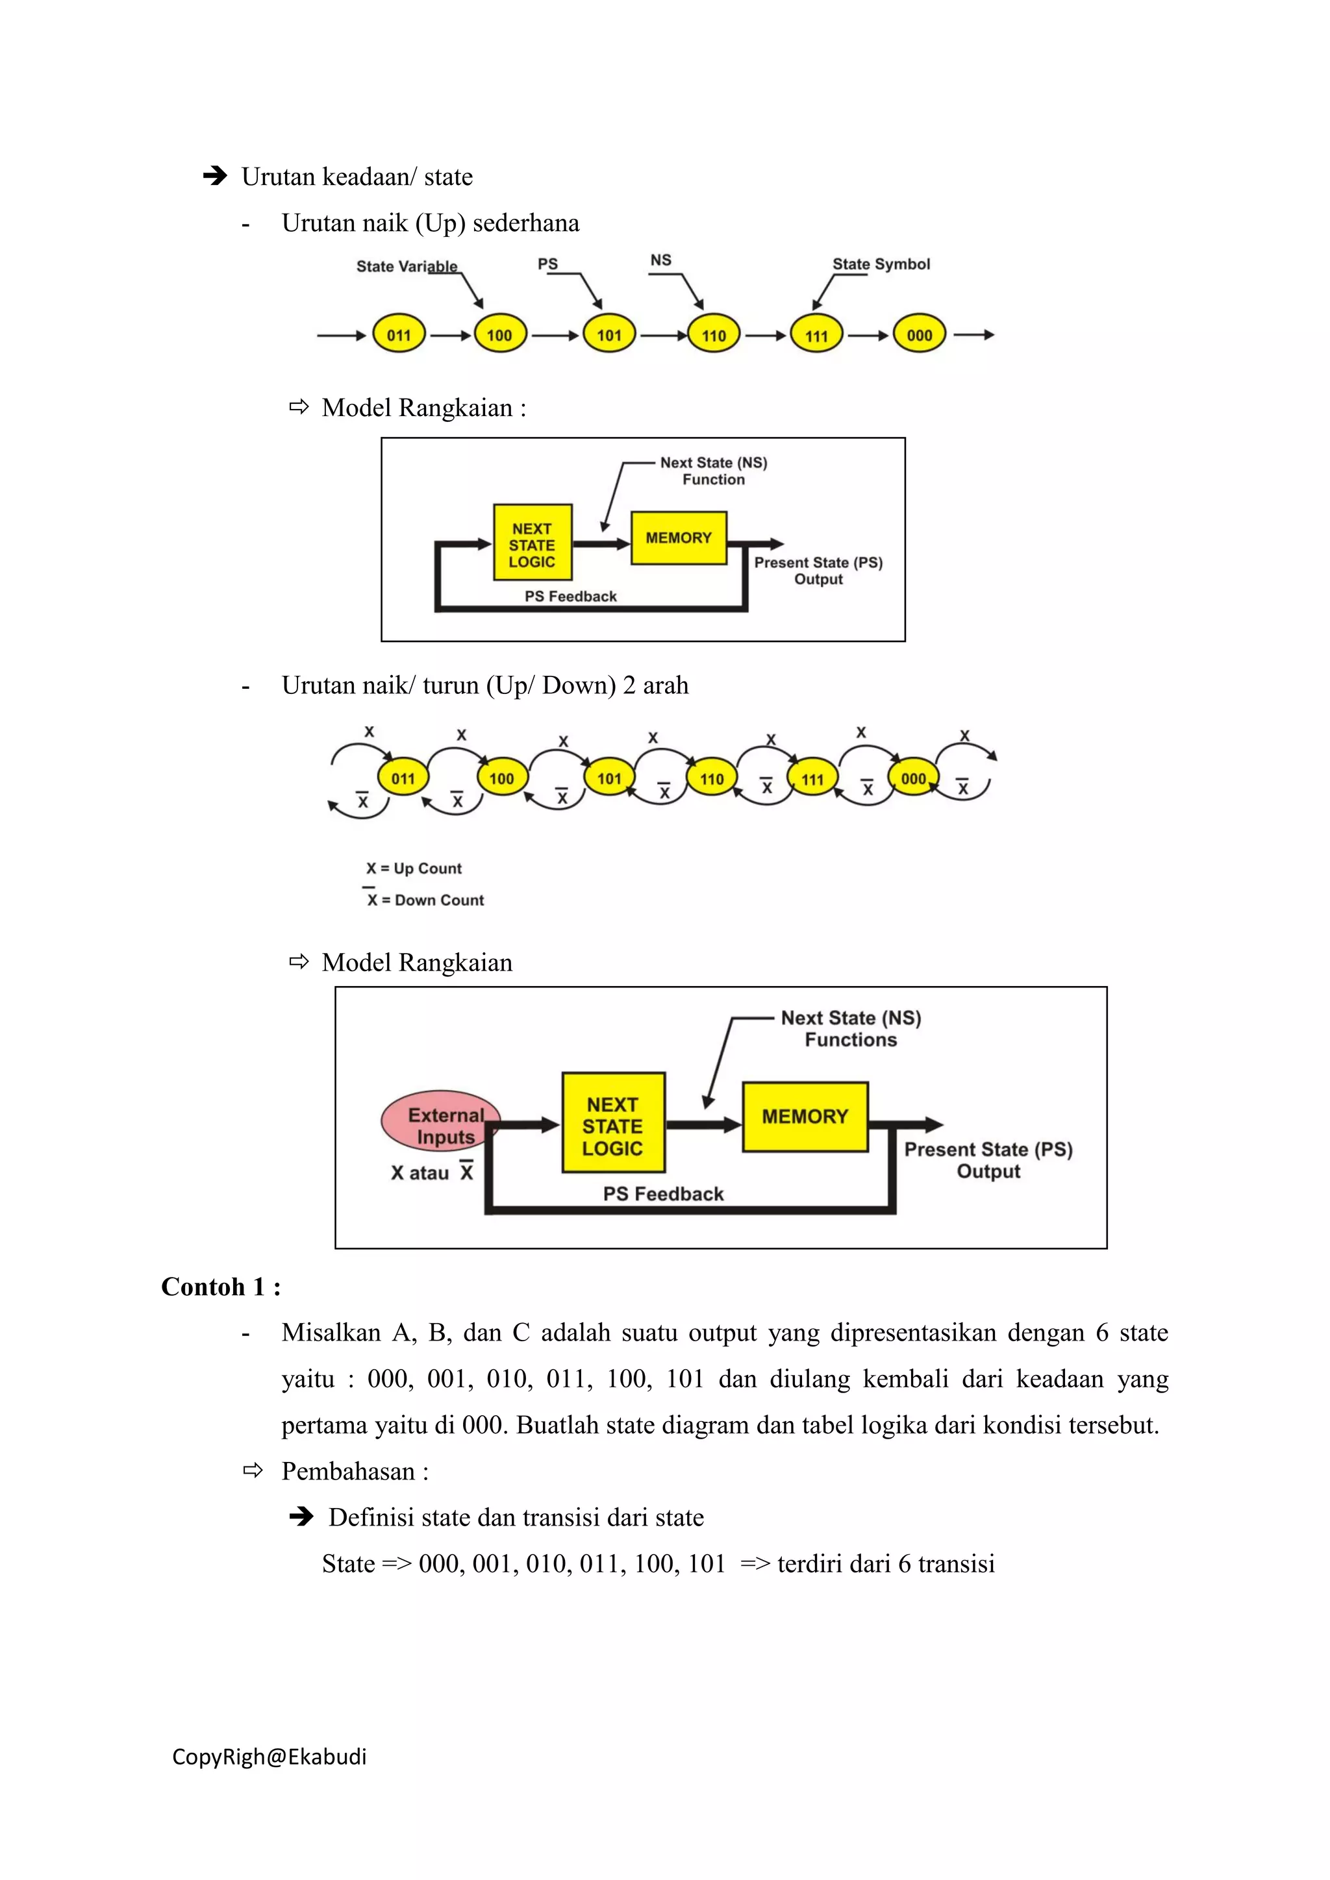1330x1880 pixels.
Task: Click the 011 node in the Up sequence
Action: pos(399,335)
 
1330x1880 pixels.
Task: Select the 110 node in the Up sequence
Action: pos(713,335)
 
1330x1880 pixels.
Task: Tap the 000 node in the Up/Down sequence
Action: pos(913,779)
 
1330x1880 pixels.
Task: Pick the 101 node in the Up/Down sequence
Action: pos(609,779)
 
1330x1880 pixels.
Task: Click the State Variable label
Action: pos(406,266)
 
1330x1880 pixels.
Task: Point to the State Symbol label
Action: pos(881,264)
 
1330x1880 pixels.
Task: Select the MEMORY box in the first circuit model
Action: pos(679,538)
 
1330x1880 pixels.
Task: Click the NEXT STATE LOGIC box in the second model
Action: pos(612,1127)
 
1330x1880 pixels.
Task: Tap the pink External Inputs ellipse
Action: pos(440,1122)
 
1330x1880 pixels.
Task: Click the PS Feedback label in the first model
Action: pos(570,596)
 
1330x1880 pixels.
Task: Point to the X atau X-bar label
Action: pos(432,1172)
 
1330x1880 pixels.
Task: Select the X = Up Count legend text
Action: pos(414,868)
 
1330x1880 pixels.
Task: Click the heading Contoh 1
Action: pos(220,1287)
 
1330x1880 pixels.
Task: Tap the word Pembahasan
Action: pos(348,1472)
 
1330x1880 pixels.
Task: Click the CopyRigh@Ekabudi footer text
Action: pos(270,1757)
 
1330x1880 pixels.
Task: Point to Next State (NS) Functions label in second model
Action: pos(851,1028)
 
